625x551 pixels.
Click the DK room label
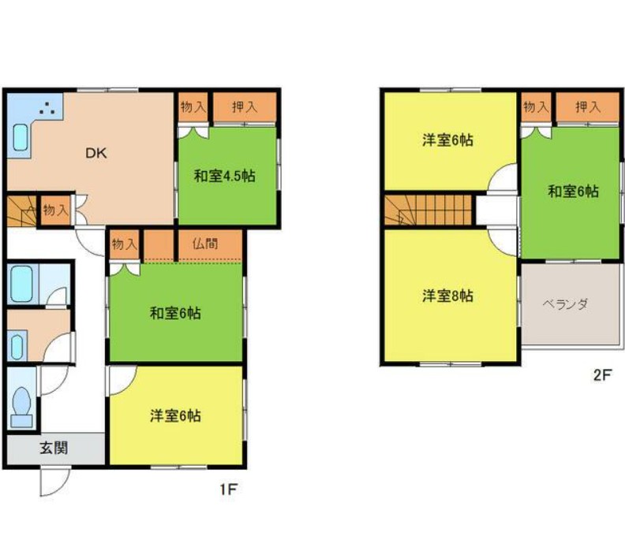(x=96, y=153)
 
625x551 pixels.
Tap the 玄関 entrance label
(x=54, y=449)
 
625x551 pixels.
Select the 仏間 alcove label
(x=205, y=244)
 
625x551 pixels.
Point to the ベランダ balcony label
(x=565, y=304)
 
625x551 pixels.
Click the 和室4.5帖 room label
(x=225, y=176)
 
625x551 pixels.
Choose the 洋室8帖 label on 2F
(x=448, y=296)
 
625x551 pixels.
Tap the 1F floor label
(x=229, y=489)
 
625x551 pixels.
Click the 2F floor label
(x=602, y=374)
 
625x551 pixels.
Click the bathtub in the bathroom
(x=21, y=284)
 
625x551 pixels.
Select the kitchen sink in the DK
(x=21, y=138)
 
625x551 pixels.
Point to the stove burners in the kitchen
(x=47, y=108)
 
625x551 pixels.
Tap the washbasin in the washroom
(x=17, y=346)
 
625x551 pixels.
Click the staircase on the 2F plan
(x=428, y=210)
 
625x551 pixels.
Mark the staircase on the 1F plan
(x=22, y=211)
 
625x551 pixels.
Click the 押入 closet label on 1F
(x=245, y=106)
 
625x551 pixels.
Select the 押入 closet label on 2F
(x=588, y=106)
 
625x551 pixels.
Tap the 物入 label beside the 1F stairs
(x=56, y=210)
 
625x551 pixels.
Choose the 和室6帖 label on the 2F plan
(x=573, y=192)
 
